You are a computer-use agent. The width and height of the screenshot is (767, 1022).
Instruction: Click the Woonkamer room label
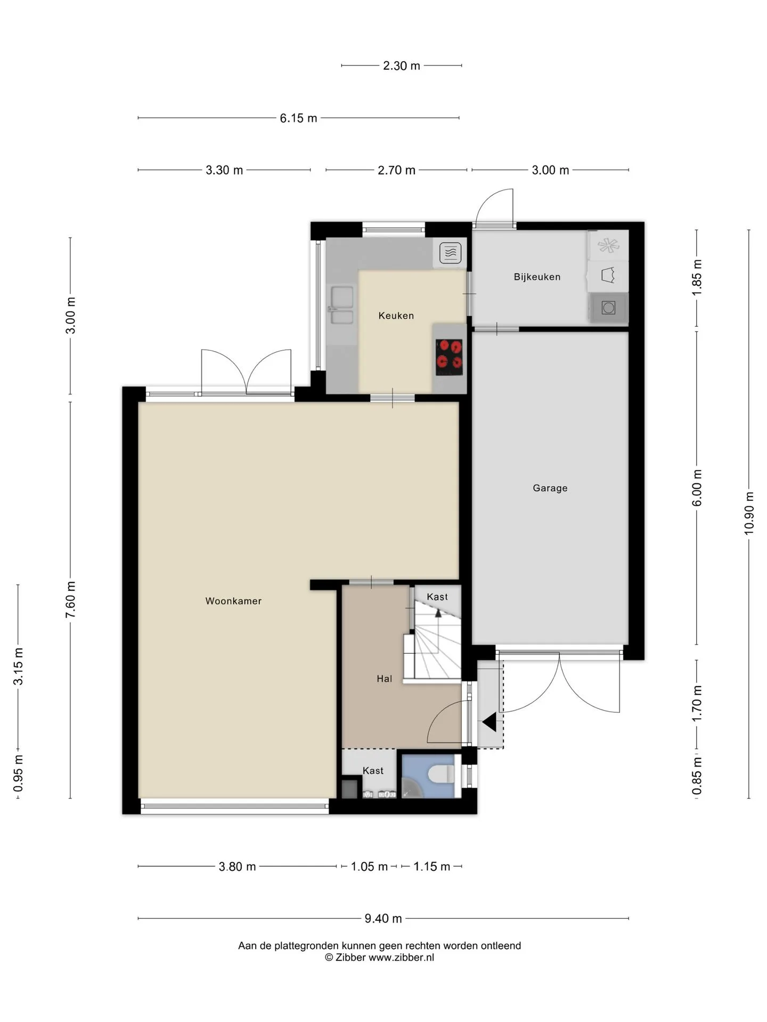click(233, 601)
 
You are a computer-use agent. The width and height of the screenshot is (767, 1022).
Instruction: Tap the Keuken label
click(396, 316)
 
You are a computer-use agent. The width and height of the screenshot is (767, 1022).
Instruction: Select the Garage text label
click(550, 488)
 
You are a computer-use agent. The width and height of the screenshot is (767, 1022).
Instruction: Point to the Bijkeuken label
click(537, 277)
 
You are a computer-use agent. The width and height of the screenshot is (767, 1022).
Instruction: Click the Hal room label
click(384, 679)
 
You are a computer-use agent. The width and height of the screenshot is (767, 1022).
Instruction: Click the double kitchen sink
click(341, 305)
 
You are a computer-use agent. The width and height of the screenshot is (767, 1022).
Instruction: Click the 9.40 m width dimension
click(383, 918)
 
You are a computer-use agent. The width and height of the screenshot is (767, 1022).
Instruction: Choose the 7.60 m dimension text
click(70, 600)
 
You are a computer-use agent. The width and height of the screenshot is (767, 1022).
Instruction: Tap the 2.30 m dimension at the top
click(402, 65)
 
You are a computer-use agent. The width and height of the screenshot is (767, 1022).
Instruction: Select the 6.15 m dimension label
click(298, 118)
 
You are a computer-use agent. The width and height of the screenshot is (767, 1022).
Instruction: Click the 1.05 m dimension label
click(369, 867)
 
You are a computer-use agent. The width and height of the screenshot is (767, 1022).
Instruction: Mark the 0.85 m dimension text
click(697, 776)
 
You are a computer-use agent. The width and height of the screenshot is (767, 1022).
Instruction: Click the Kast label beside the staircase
click(437, 597)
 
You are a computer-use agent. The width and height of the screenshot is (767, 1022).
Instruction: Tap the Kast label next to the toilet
click(373, 771)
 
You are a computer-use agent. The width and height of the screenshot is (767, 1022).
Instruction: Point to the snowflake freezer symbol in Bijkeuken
click(608, 245)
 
